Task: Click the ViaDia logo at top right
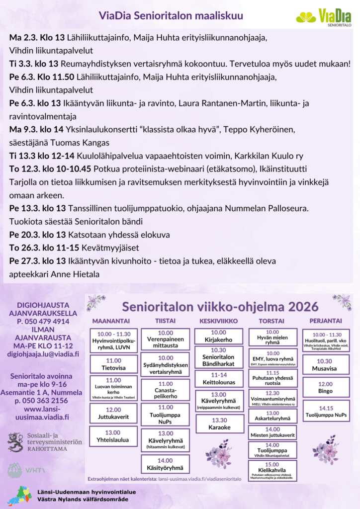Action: click(x=324, y=18)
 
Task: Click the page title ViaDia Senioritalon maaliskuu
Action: click(x=171, y=16)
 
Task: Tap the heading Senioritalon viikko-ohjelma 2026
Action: click(x=220, y=304)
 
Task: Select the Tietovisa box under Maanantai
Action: click(x=113, y=364)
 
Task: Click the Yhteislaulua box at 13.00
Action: click(x=113, y=436)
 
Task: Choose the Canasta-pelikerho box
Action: click(x=165, y=390)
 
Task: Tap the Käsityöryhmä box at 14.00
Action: click(x=165, y=464)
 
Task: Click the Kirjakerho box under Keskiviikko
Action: click(x=218, y=336)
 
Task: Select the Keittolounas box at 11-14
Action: click(x=218, y=378)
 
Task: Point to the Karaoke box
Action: click(x=218, y=424)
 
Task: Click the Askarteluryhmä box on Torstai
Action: click(x=272, y=416)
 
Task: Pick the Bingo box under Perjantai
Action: click(x=326, y=387)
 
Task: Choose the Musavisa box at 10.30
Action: click(x=326, y=365)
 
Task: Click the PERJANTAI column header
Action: click(x=326, y=321)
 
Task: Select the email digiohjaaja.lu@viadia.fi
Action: click(x=43, y=354)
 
